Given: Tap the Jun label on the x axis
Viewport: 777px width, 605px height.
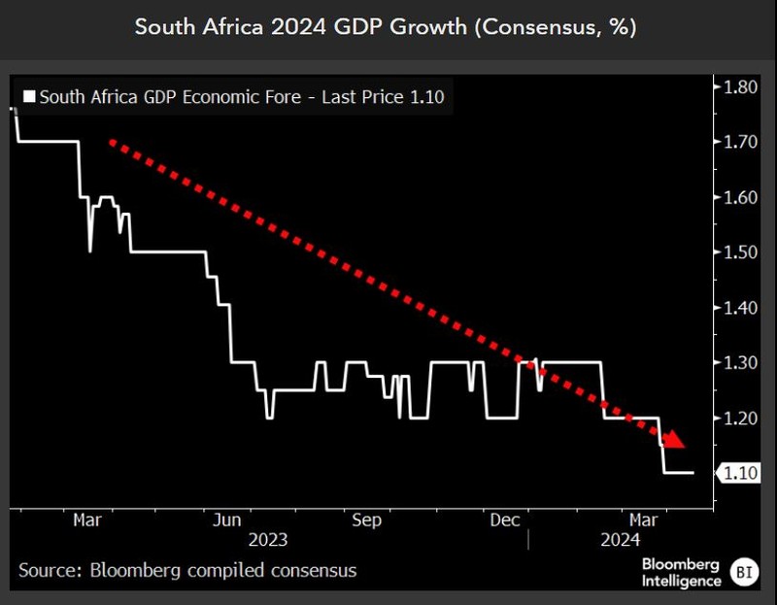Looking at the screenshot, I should click(228, 520).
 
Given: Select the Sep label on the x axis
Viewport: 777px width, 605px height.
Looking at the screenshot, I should click(368, 520).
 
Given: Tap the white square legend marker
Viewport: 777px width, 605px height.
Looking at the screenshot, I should click(28, 97).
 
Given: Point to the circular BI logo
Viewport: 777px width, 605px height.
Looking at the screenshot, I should click(744, 571).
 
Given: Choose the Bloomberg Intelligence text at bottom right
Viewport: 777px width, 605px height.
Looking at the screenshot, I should click(681, 572).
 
